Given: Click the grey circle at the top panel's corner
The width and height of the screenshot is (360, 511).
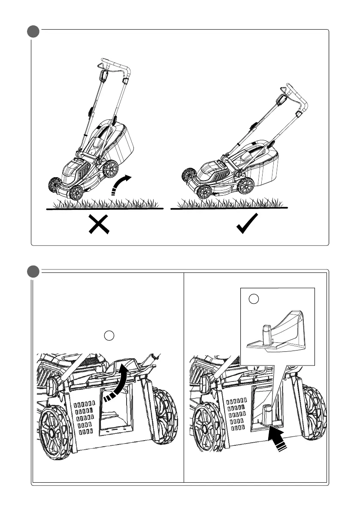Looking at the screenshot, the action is point(33,32).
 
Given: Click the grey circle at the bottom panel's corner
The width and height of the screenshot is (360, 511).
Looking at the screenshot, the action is point(33,272).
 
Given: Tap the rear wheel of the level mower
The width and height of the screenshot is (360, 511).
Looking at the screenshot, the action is point(246,186).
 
